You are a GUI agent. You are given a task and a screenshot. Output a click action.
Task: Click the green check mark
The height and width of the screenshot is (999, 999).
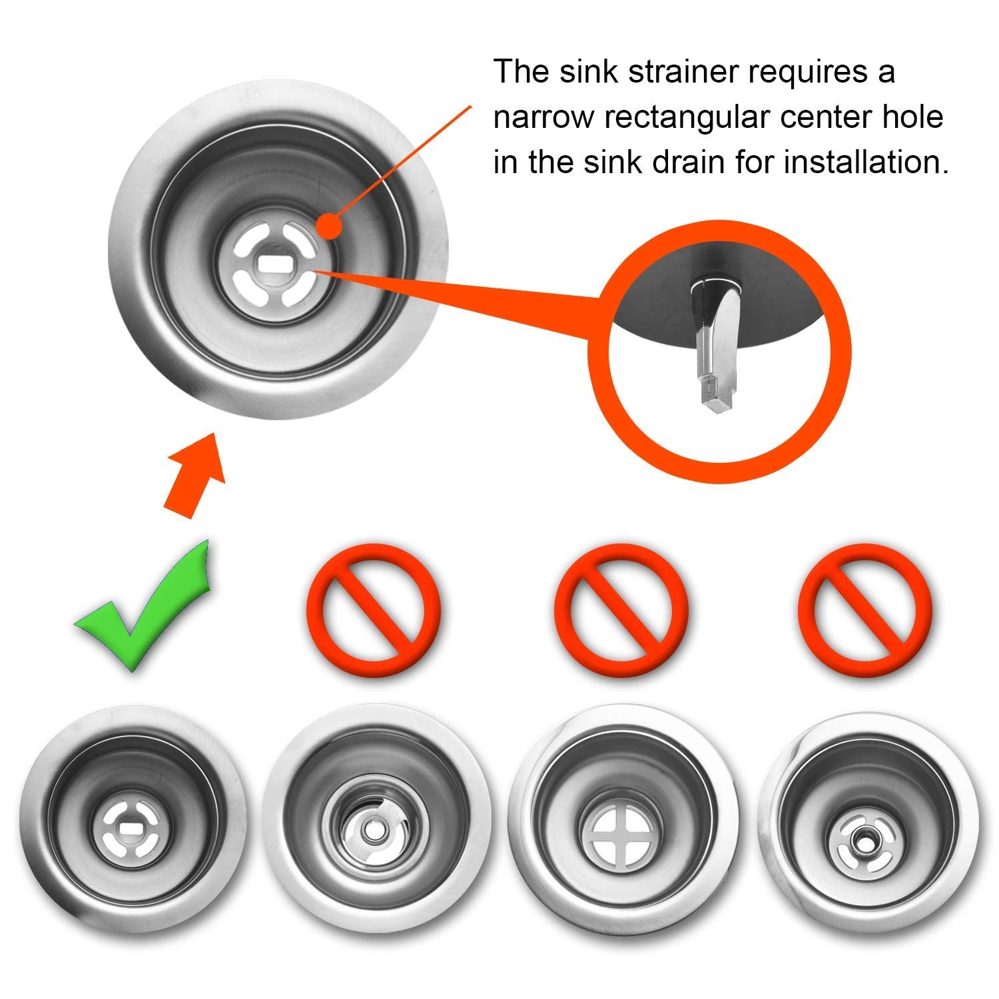tap(150, 609)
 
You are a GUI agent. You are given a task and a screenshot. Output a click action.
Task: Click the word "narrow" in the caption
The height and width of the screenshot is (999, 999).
tap(543, 118)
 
